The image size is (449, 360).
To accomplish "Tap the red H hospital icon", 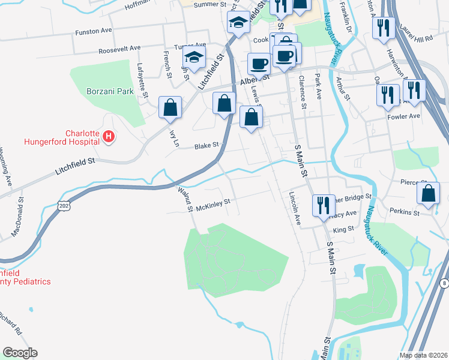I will [x=108, y=137].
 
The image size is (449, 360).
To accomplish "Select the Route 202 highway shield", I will [x=64, y=206].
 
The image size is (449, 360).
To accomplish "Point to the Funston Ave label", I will [x=94, y=30].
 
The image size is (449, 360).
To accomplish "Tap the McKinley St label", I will [x=213, y=204].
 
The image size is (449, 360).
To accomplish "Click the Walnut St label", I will [x=184, y=197].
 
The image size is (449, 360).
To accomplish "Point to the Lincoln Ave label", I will [x=294, y=208].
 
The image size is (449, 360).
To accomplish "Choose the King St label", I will [x=343, y=229].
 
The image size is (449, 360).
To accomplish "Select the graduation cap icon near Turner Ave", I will [x=194, y=58].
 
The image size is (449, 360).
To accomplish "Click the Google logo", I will [x=20, y=353].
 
